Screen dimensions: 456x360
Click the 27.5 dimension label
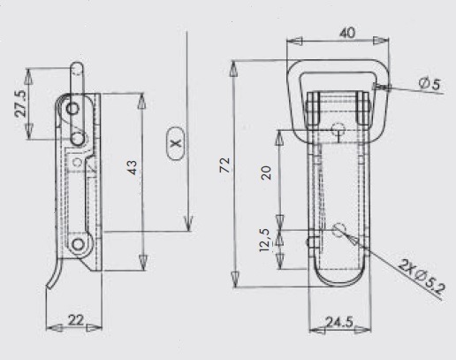(21, 104)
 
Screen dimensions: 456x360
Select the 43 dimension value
(133, 167)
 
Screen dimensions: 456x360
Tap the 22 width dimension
(76, 320)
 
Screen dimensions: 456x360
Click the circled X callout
(176, 143)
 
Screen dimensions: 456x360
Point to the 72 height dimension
(225, 165)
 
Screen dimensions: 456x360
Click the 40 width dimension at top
(347, 33)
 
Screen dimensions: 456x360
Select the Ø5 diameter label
(429, 84)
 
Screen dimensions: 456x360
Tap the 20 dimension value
(266, 172)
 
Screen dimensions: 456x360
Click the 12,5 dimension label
(265, 241)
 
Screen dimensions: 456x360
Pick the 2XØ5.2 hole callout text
(421, 277)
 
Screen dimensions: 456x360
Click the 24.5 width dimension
(339, 322)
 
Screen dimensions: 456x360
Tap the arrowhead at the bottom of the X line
(188, 224)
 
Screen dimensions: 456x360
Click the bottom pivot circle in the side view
(78, 244)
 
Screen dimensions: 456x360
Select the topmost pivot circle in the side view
(72, 109)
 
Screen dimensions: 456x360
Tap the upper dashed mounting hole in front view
(338, 129)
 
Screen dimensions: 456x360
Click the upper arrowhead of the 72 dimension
(234, 69)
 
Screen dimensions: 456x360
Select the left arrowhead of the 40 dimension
(294, 41)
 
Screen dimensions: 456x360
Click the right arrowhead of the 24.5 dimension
(363, 330)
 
